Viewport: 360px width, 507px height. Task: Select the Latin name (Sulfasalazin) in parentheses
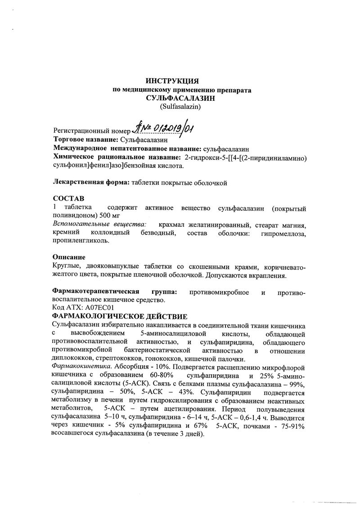click(180, 107)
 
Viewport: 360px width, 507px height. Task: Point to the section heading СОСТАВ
click(68, 198)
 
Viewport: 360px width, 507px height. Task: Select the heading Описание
click(69, 258)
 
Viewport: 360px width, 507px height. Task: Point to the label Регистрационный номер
click(90, 131)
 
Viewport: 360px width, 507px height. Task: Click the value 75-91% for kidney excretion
click(292, 426)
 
